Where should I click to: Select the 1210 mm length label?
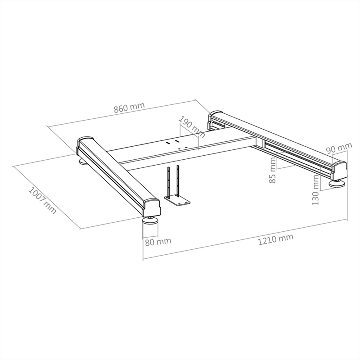click(x=276, y=240)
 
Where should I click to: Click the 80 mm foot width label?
click(x=158, y=242)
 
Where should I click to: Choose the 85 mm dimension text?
click(x=273, y=170)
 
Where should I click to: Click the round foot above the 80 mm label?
click(x=150, y=220)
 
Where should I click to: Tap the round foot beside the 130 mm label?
click(x=336, y=184)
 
